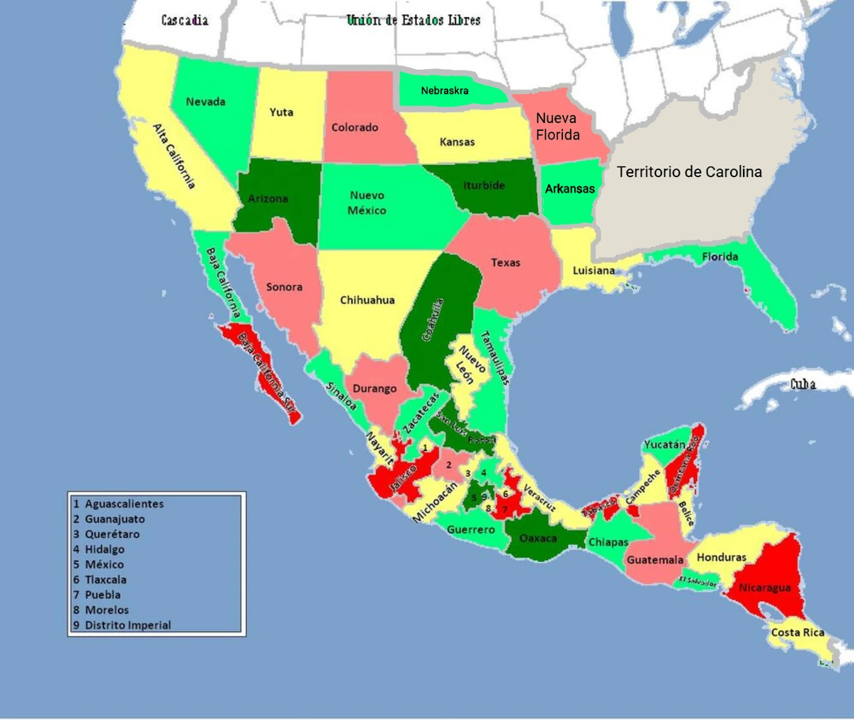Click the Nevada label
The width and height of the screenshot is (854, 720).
(x=206, y=102)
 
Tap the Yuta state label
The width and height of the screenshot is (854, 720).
(x=281, y=112)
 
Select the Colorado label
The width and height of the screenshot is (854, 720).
(x=354, y=128)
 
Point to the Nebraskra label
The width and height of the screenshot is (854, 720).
(x=445, y=90)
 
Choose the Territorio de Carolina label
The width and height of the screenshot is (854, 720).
(x=689, y=171)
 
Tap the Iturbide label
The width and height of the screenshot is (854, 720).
(x=484, y=186)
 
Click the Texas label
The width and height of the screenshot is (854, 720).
(x=505, y=263)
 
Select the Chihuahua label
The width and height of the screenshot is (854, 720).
(x=367, y=300)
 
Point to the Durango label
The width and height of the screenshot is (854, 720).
(x=374, y=388)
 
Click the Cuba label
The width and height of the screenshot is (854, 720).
(x=803, y=384)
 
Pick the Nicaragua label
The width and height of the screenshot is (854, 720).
(x=764, y=588)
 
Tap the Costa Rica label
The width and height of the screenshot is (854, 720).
(x=798, y=632)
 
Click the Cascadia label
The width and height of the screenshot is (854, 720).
(x=184, y=20)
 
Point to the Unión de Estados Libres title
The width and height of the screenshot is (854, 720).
(x=413, y=20)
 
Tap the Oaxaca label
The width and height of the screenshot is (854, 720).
(x=538, y=538)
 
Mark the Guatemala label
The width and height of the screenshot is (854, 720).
(x=655, y=560)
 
